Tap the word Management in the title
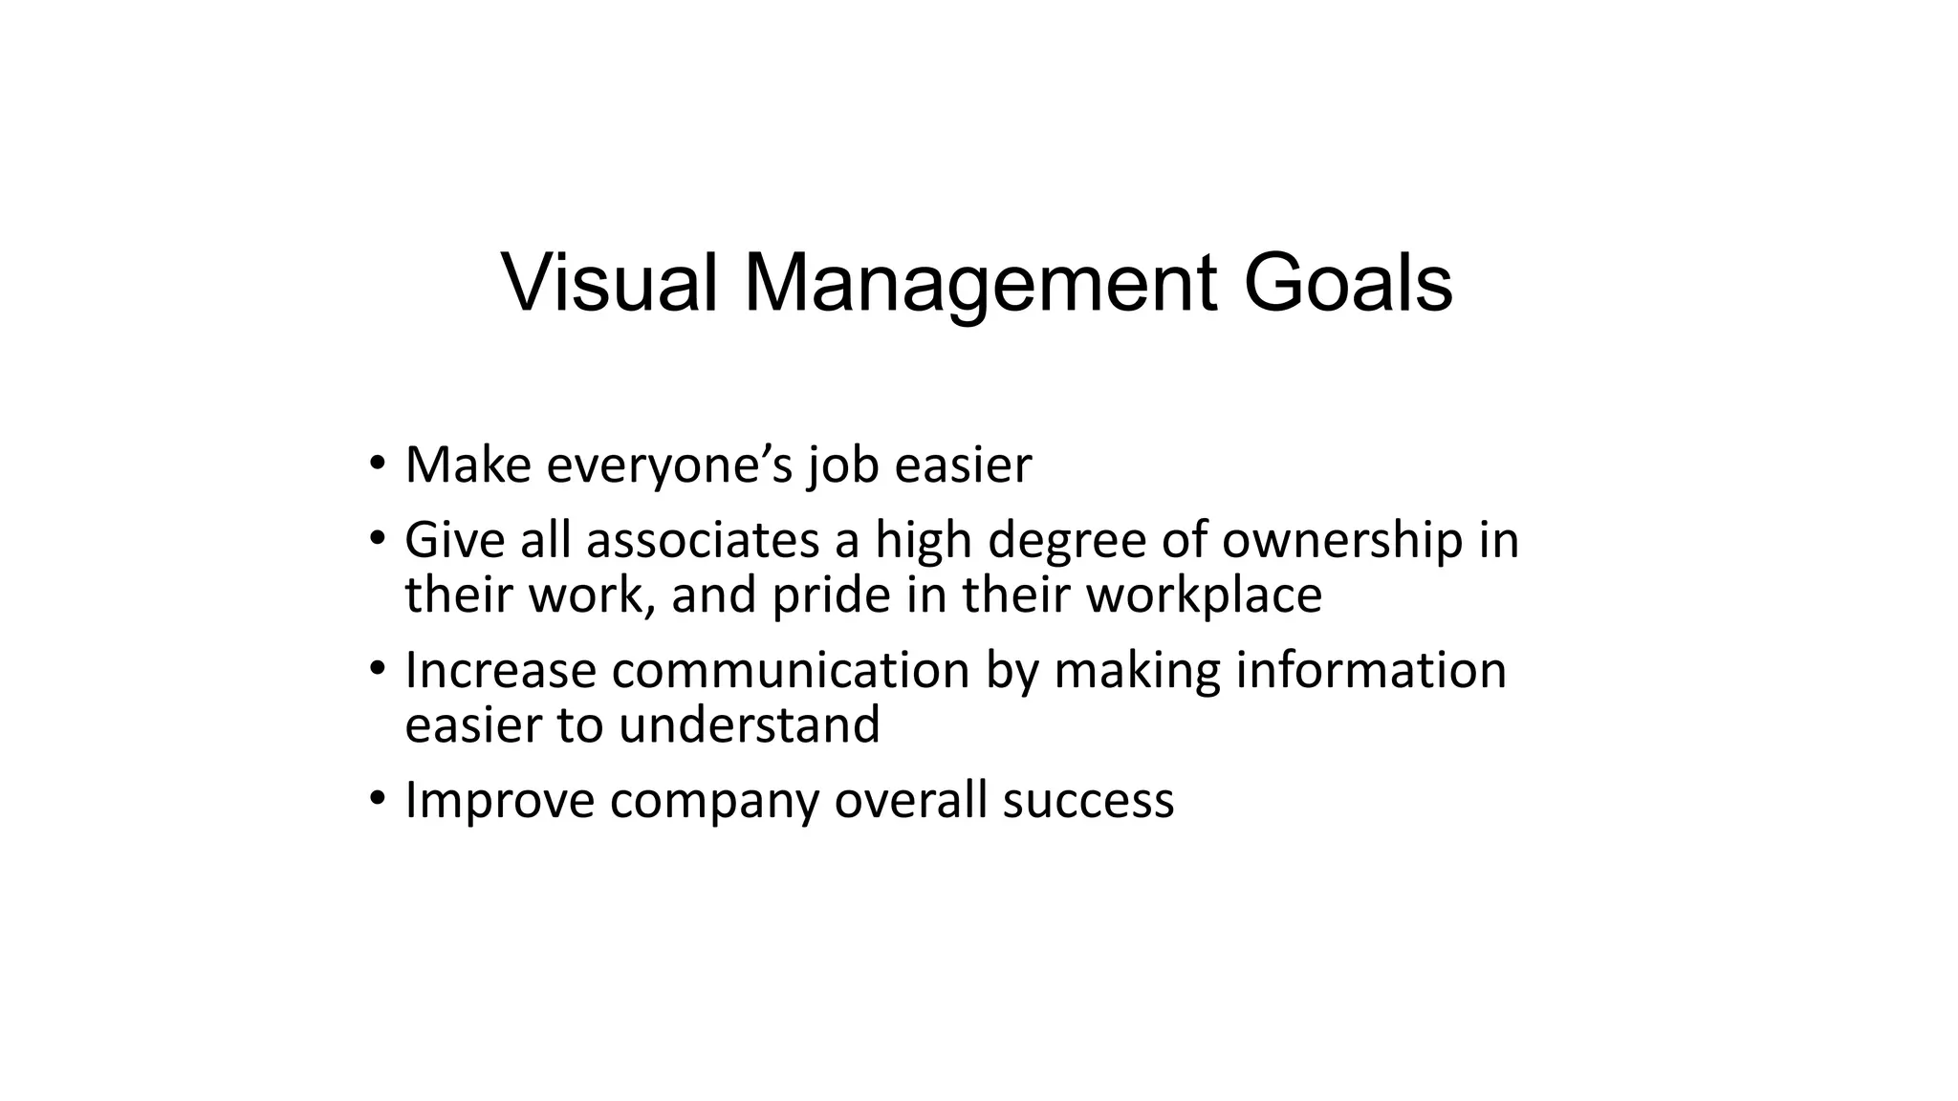(980, 284)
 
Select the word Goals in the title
(1347, 284)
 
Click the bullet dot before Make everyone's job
(378, 464)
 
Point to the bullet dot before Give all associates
(378, 538)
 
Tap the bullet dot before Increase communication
(378, 668)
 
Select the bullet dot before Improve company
(378, 798)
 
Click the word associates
(703, 540)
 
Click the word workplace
(1205, 595)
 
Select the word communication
(791, 670)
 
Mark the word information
(1371, 670)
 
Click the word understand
(749, 724)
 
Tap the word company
(714, 801)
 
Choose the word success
(1088, 800)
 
